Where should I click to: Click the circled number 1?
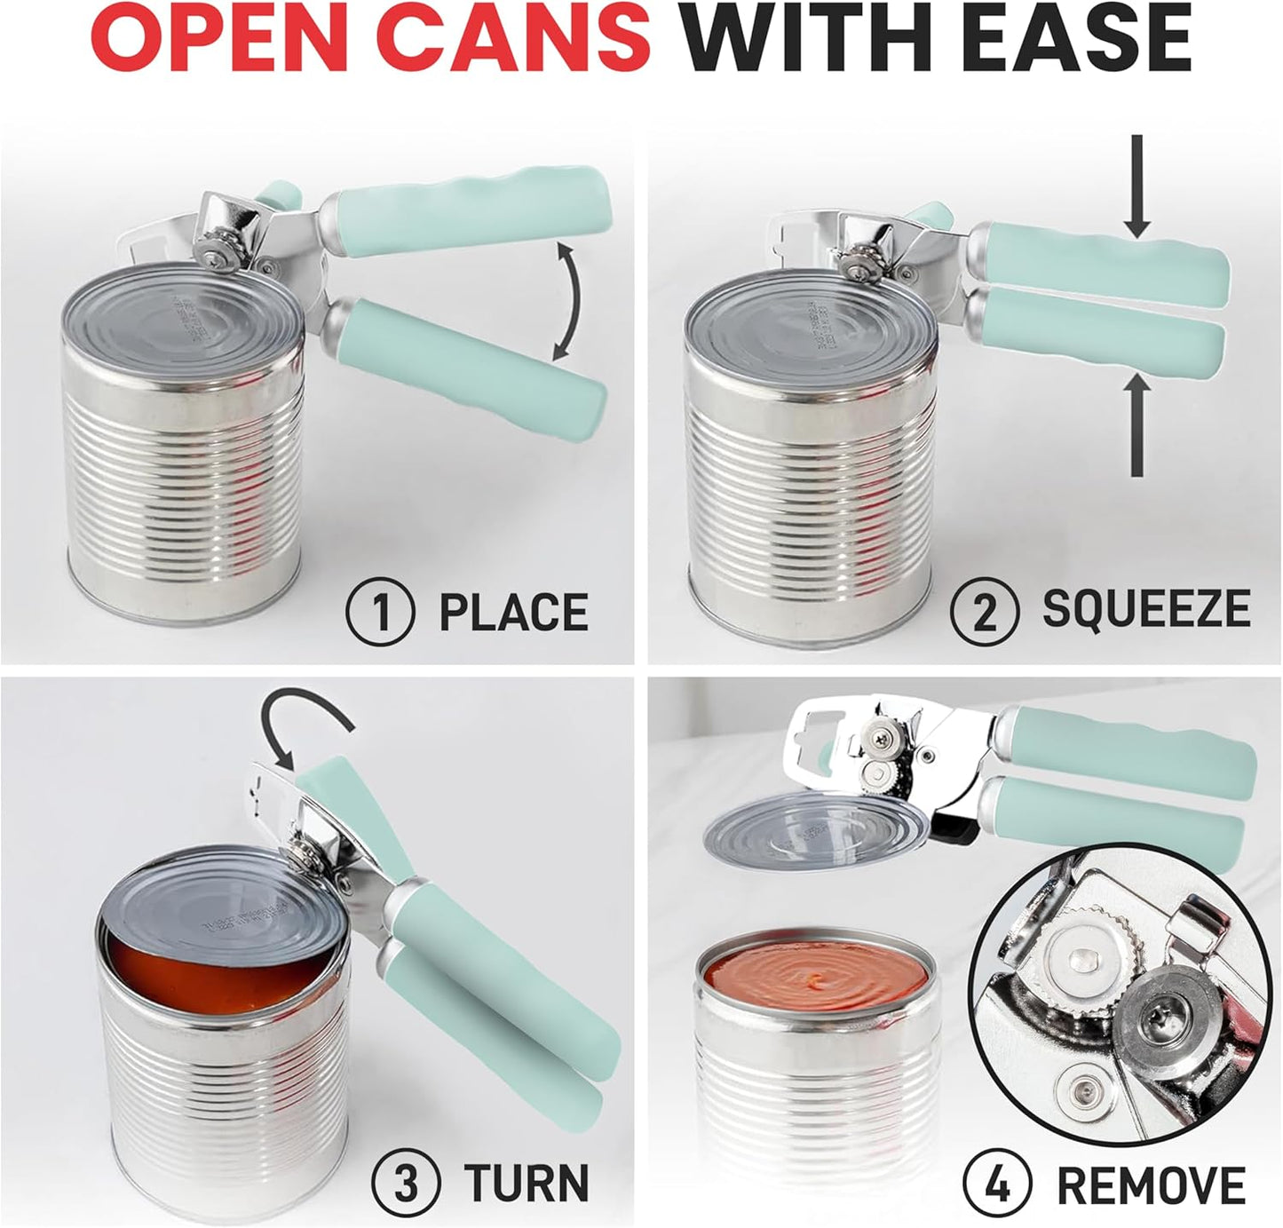pyautogui.click(x=381, y=613)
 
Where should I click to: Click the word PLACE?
pyautogui.click(x=514, y=613)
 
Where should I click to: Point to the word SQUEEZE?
pyautogui.click(x=1146, y=609)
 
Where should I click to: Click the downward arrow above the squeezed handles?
pyautogui.click(x=1137, y=195)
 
